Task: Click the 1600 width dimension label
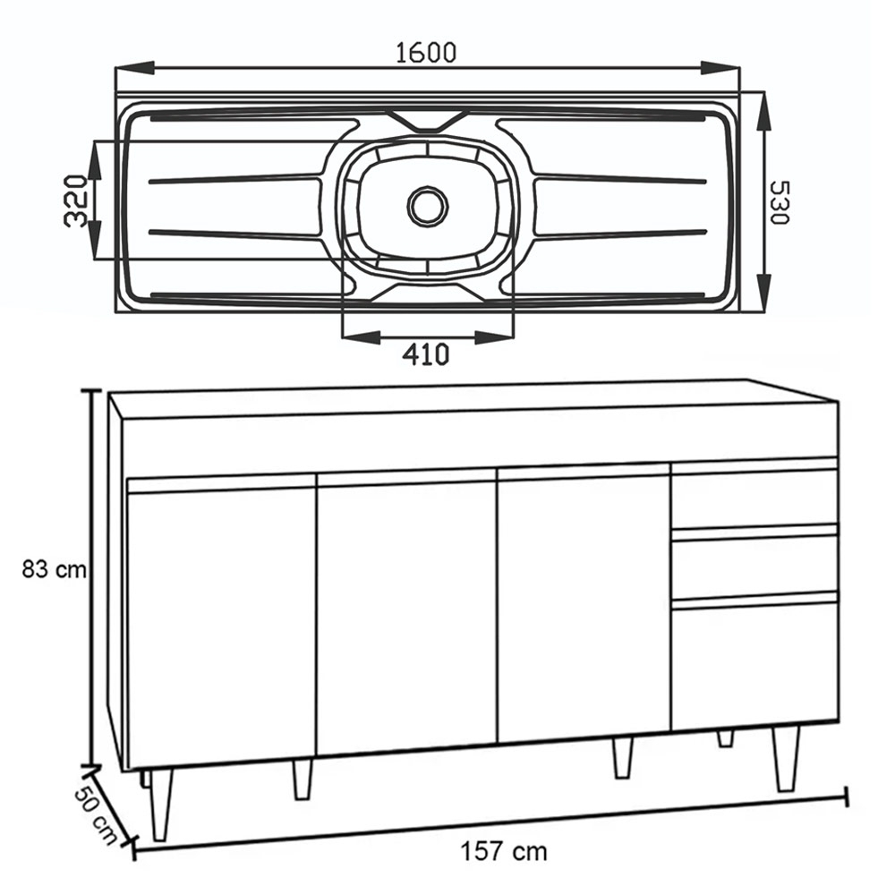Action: pyautogui.click(x=426, y=53)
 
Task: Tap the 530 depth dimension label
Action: pyautogui.click(x=780, y=202)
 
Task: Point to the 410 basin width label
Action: pyautogui.click(x=425, y=355)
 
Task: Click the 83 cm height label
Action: pyautogui.click(x=55, y=570)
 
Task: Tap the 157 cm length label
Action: pyautogui.click(x=505, y=850)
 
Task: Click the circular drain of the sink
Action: pyautogui.click(x=428, y=206)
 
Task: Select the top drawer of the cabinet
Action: pyautogui.click(x=754, y=497)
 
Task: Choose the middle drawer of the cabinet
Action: pyautogui.click(x=754, y=564)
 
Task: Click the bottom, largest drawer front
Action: pyautogui.click(x=754, y=662)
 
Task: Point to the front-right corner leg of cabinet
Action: pyautogui.click(x=786, y=757)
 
